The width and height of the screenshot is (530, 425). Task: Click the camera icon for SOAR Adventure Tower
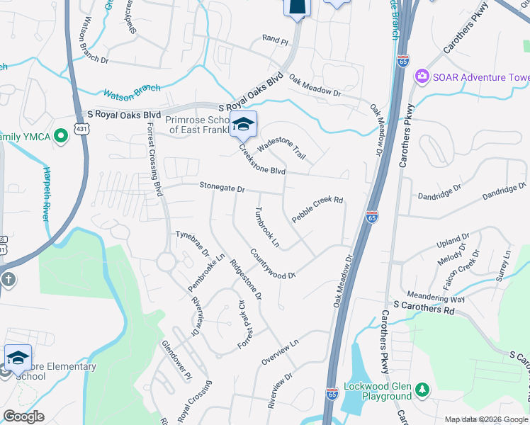tap(422, 75)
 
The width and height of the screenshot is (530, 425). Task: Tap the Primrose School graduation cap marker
tap(243, 125)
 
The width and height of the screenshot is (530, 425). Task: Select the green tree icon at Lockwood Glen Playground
tap(422, 389)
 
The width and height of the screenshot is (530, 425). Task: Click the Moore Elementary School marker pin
tap(18, 357)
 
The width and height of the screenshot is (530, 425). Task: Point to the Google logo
tap(23, 416)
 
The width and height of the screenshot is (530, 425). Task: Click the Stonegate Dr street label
tap(221, 189)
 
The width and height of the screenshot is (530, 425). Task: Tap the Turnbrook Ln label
tap(267, 227)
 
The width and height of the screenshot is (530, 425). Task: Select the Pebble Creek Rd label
tap(317, 210)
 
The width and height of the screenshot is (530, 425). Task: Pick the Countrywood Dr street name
tap(272, 264)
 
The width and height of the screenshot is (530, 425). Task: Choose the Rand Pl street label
tap(276, 41)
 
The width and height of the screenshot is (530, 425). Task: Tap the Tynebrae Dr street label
tap(192, 242)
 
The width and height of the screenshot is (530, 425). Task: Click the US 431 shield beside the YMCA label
tap(62, 132)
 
